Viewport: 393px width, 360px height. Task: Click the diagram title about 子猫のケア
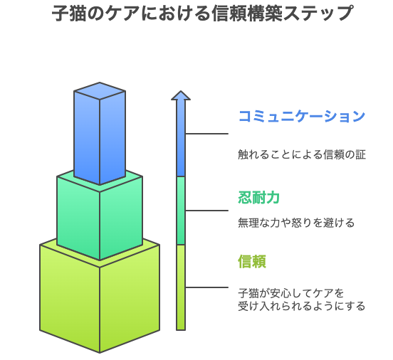pos(202,14)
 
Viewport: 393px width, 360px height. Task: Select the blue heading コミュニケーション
pos(302,116)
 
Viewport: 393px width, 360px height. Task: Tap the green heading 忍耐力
pos(258,197)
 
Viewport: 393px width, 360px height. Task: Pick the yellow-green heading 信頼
pos(252,261)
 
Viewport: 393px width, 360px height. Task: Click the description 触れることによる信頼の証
pos(302,154)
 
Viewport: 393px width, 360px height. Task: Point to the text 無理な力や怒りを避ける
pos(296,223)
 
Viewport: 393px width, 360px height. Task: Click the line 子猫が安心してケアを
pos(290,293)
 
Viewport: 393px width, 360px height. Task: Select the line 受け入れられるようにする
pos(302,306)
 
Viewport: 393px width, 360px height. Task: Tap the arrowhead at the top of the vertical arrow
pos(181,95)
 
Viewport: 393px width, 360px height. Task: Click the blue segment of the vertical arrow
pos(181,138)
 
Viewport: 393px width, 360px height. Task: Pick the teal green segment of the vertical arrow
pos(181,211)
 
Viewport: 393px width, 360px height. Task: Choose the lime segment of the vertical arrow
pos(181,287)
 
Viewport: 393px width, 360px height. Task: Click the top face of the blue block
pos(100,90)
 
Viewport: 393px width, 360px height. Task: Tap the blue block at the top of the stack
pos(100,134)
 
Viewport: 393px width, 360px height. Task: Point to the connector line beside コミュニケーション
pos(206,134)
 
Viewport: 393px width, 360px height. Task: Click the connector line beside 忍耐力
pos(206,211)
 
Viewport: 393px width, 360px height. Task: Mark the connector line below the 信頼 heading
pos(206,287)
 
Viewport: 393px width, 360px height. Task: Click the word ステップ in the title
pos(318,14)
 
